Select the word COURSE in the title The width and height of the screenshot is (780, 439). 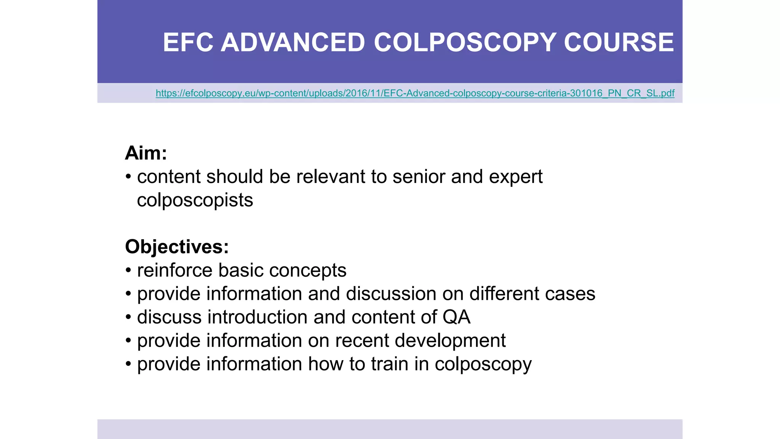619,42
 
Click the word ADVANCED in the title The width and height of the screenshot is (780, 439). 293,42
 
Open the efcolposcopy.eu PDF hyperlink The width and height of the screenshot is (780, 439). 415,93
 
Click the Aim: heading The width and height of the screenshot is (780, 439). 146,153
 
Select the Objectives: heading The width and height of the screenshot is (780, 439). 177,247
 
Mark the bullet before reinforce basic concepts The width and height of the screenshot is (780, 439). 128,271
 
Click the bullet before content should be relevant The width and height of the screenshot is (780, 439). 128,177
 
